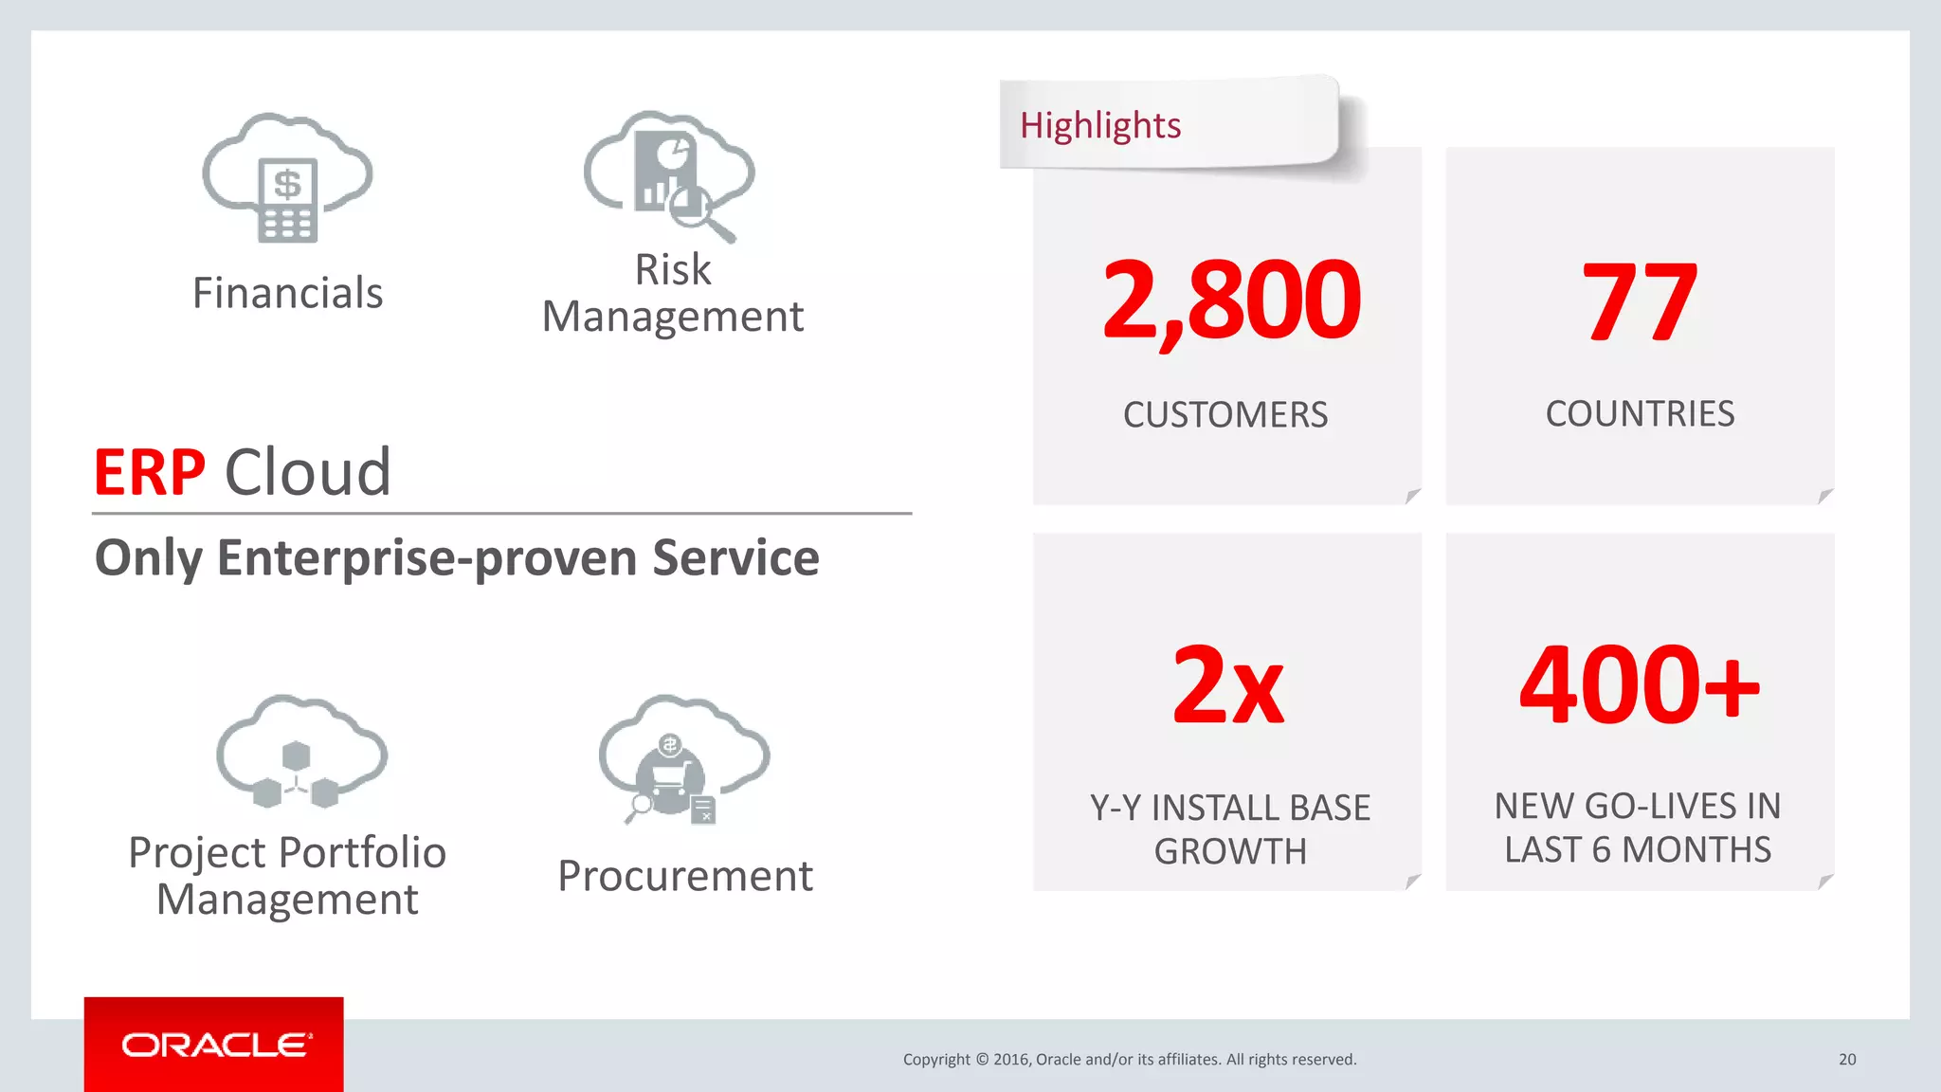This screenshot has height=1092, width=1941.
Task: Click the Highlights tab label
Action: tap(1100, 125)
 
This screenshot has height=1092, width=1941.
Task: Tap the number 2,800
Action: tap(1230, 301)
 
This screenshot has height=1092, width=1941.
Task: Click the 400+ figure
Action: tap(1639, 684)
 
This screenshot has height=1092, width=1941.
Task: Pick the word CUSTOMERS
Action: tap(1225, 415)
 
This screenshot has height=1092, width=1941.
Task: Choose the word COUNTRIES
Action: tap(1640, 414)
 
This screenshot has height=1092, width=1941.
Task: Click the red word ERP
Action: tap(149, 472)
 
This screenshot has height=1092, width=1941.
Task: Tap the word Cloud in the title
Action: tap(308, 472)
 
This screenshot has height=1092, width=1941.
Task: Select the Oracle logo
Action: tap(214, 1045)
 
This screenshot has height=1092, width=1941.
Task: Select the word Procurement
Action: tap(684, 876)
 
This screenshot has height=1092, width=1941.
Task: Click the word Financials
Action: tap(287, 293)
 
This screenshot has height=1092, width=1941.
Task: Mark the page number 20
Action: tap(1847, 1060)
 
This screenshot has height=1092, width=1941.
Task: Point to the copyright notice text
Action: tap(1130, 1060)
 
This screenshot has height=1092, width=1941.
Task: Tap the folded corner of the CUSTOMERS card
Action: tap(1412, 496)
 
